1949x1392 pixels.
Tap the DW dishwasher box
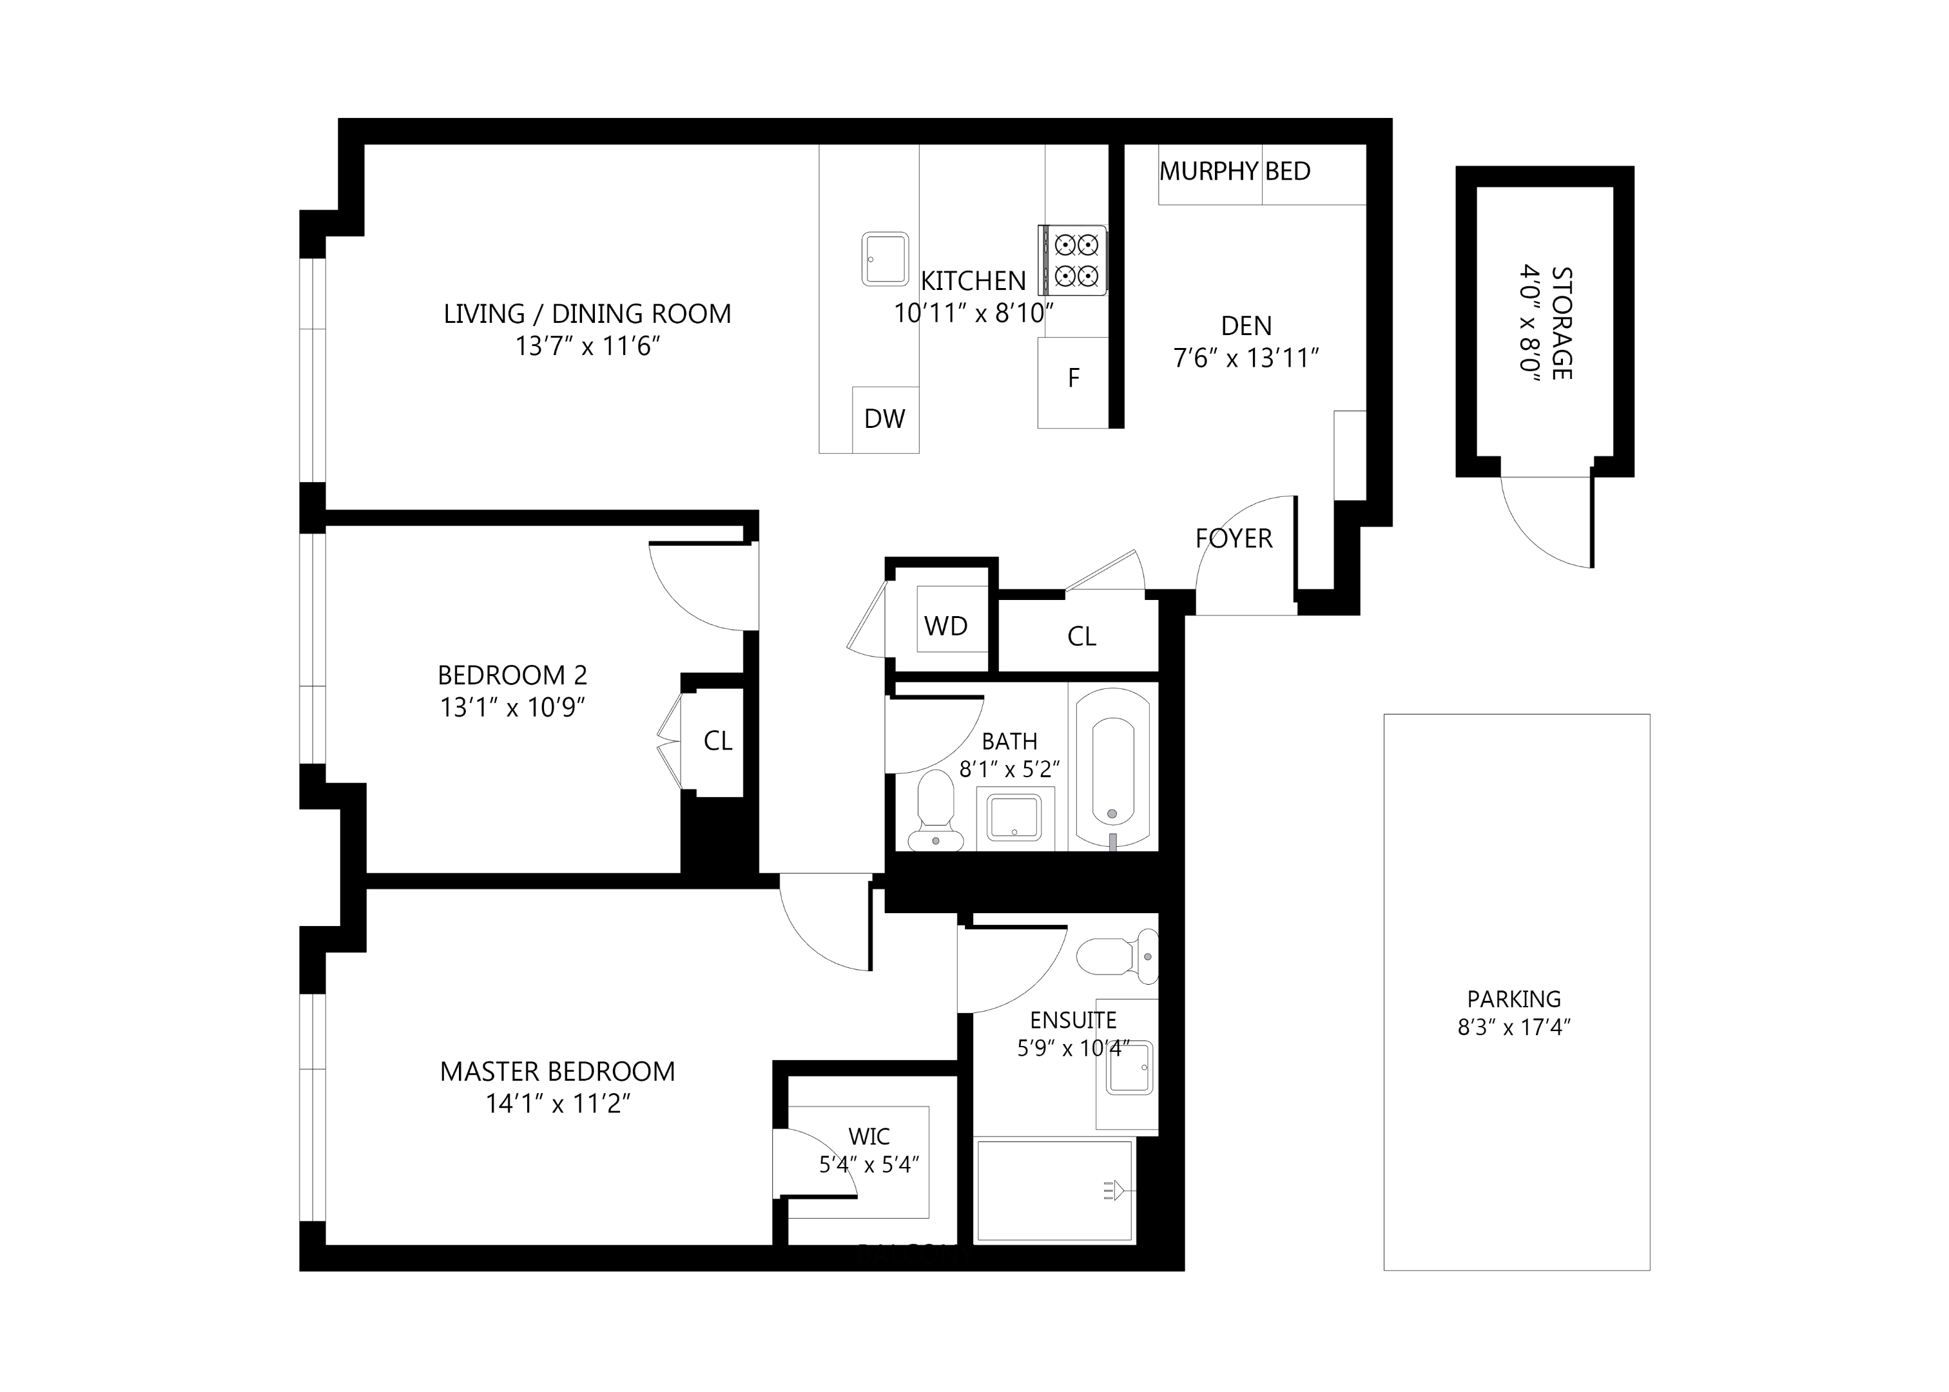pos(884,419)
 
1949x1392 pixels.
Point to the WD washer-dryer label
pos(945,626)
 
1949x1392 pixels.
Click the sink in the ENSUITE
pos(1130,1067)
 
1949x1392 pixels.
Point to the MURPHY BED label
pos(1234,171)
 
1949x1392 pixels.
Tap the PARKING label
pos(1513,1000)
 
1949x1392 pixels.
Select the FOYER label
pos(1234,538)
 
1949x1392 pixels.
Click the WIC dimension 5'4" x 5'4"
pos(869,1164)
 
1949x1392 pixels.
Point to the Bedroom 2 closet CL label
pos(717,740)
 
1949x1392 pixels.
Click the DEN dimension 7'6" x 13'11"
pos(1245,358)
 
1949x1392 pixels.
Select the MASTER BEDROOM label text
pos(557,1072)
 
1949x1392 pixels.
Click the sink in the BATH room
pos(1014,818)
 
